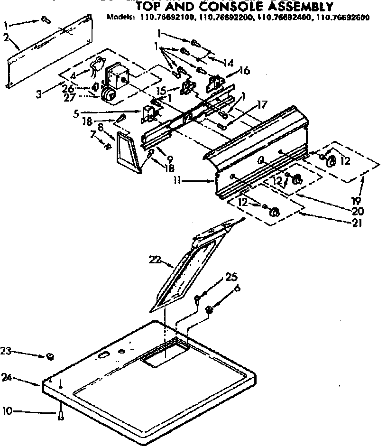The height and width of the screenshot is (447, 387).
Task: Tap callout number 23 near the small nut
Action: (6, 352)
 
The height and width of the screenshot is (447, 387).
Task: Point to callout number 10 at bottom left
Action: (7, 411)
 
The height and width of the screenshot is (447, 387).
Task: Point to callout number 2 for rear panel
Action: (6, 38)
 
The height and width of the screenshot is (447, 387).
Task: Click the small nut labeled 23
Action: (49, 356)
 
